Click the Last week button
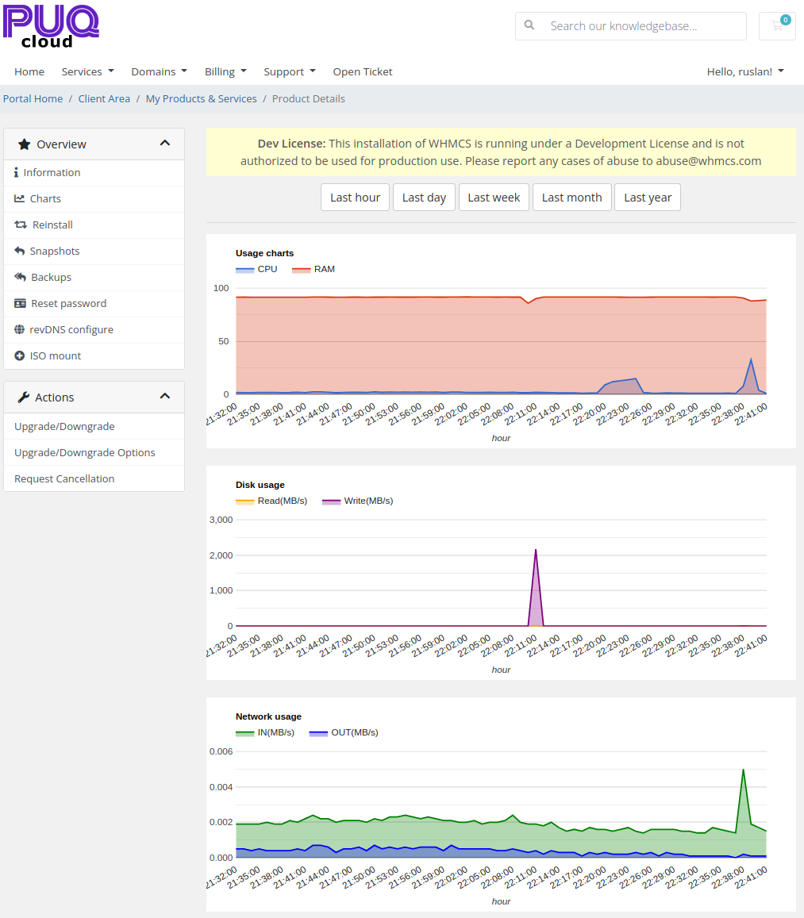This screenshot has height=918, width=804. click(x=494, y=198)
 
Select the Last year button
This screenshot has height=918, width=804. click(x=647, y=198)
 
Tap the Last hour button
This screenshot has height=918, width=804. click(x=355, y=198)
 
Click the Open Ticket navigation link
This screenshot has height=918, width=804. click(x=363, y=71)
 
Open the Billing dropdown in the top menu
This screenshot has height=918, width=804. click(x=225, y=71)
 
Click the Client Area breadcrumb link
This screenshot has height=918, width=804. click(x=104, y=99)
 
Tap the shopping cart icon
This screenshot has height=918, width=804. click(x=777, y=25)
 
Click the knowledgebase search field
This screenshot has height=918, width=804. click(x=631, y=26)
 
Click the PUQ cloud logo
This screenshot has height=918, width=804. click(x=51, y=26)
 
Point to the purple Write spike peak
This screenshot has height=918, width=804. click(x=536, y=550)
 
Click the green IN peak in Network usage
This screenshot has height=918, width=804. click(x=743, y=770)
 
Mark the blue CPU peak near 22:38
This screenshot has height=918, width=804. click(x=752, y=359)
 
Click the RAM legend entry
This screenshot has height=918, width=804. click(x=314, y=269)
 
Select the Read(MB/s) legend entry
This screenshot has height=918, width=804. click(x=271, y=501)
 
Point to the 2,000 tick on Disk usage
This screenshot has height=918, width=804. click(x=221, y=555)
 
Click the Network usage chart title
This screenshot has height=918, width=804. click(x=268, y=716)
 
